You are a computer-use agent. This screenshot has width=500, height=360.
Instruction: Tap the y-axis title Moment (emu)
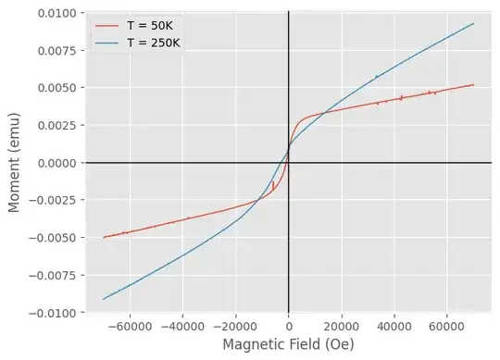16,163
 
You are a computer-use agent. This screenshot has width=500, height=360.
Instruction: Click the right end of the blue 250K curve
474,24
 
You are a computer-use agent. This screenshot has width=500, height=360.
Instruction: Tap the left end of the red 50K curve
104,238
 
